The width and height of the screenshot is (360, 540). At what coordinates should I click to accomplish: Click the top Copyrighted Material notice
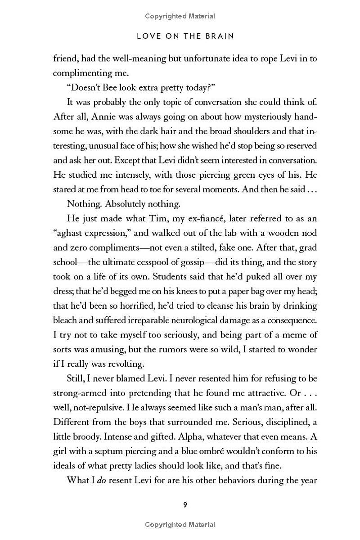pyautogui.click(x=180, y=16)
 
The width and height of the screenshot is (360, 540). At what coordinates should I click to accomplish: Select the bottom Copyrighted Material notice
pyautogui.click(x=180, y=524)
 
